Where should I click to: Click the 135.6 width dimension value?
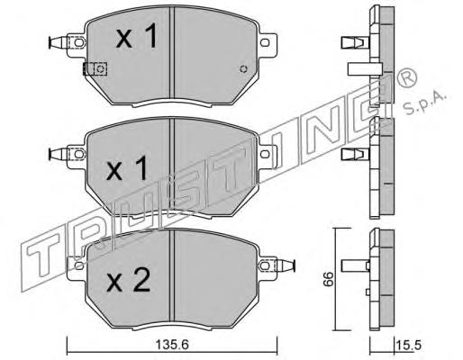click(x=172, y=345)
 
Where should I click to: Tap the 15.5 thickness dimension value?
click(x=409, y=346)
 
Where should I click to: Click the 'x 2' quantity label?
click(x=129, y=280)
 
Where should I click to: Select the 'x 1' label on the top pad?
click(x=137, y=36)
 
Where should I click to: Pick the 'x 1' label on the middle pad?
click(x=127, y=168)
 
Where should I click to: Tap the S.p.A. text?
click(x=424, y=103)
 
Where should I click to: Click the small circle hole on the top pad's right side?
click(x=244, y=69)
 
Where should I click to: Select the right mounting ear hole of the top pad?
click(x=264, y=42)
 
